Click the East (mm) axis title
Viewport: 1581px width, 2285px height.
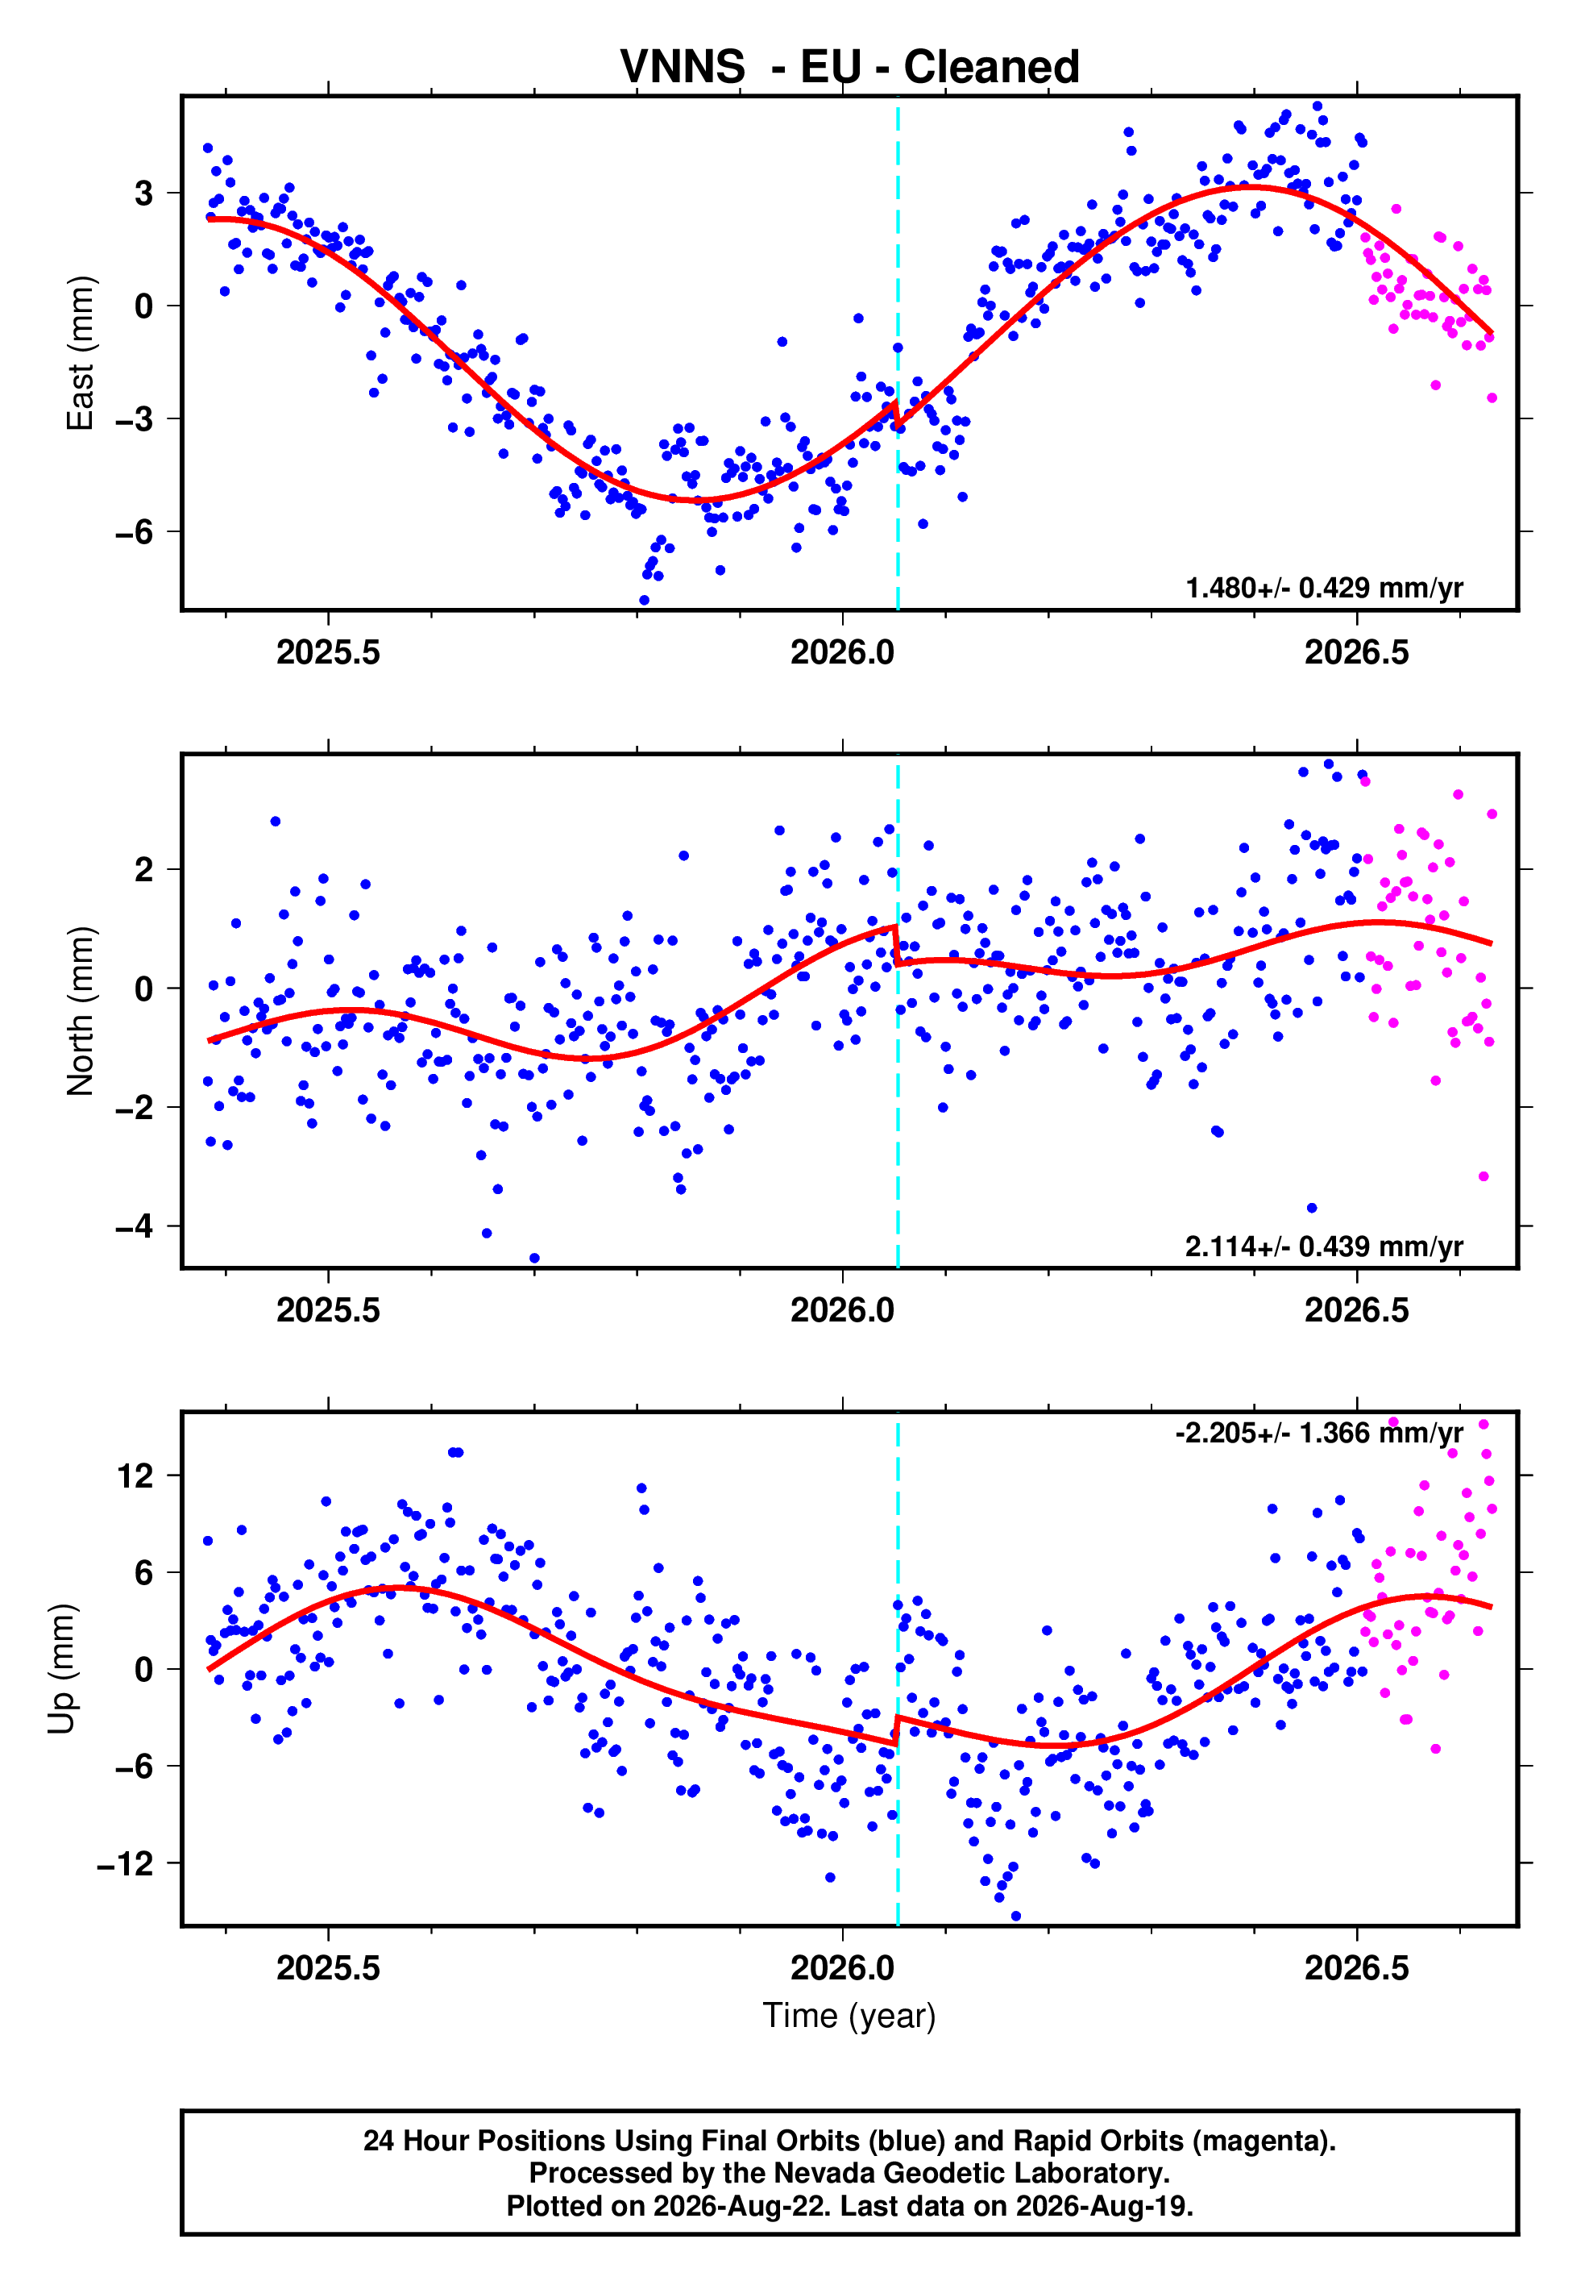(x=81, y=353)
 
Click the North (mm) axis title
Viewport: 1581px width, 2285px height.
(x=81, y=1011)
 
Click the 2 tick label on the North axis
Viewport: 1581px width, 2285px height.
(x=144, y=870)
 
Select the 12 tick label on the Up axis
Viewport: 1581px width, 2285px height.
(x=137, y=1476)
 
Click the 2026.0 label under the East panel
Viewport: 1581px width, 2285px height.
(x=842, y=652)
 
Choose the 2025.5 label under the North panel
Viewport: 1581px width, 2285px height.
(x=328, y=1310)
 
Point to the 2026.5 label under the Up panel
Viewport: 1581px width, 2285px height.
(x=1356, y=1967)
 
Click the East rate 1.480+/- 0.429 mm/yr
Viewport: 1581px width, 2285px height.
(x=1325, y=588)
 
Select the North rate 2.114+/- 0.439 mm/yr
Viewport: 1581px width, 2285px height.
(x=1325, y=1246)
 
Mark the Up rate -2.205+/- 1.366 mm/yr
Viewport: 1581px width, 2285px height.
(x=1319, y=1433)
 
